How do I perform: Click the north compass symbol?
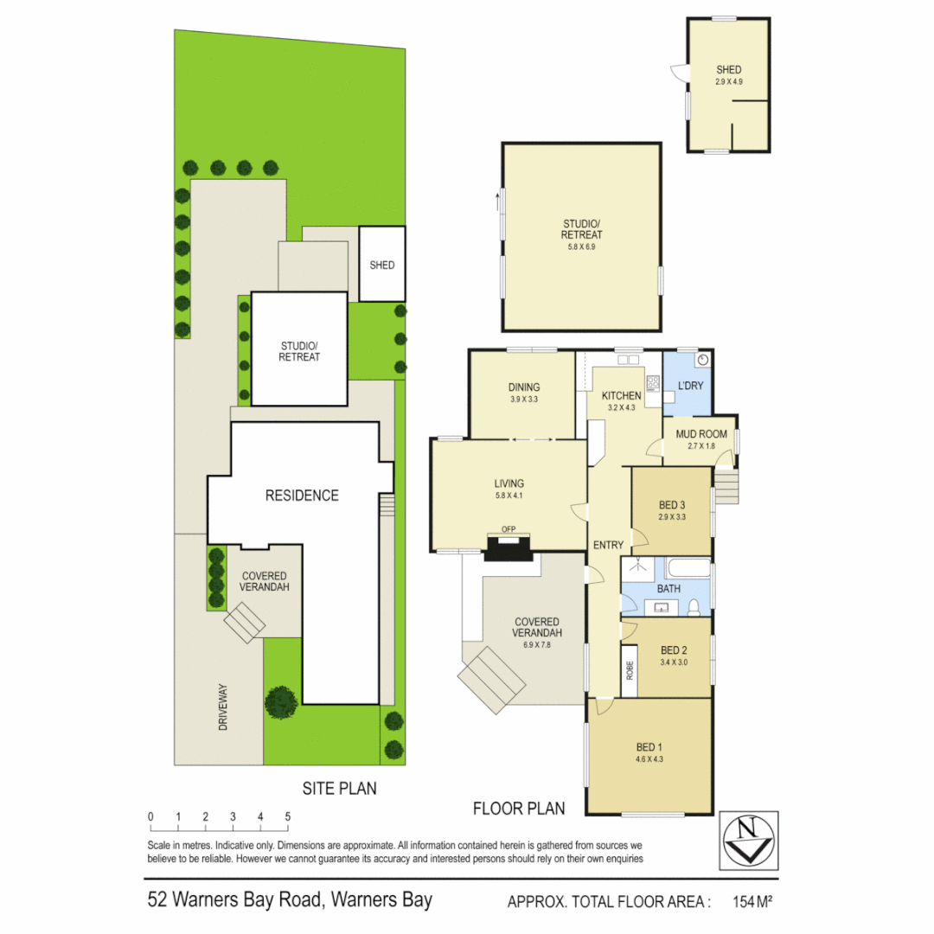click(748, 840)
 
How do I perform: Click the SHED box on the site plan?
click(381, 265)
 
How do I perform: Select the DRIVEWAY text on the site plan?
click(223, 707)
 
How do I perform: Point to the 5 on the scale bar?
click(287, 816)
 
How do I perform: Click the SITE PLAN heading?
click(339, 789)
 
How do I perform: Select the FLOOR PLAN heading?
click(519, 809)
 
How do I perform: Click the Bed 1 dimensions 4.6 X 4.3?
click(648, 759)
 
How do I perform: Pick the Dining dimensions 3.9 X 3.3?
click(524, 400)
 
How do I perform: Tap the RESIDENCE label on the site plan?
click(302, 496)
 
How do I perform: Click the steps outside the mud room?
click(727, 483)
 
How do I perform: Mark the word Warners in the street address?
click(206, 900)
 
